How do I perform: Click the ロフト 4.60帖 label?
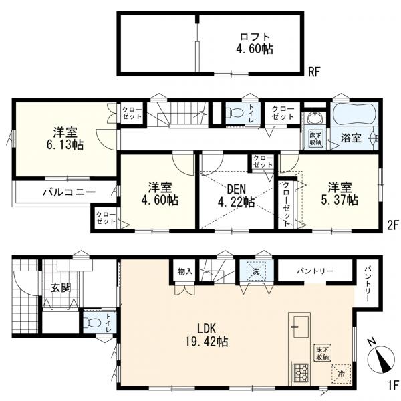[x=255, y=43]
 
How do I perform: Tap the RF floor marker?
[x=314, y=72]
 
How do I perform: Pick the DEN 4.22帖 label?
[x=236, y=196]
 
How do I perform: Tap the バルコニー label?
[x=69, y=192]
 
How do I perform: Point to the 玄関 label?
[x=61, y=288]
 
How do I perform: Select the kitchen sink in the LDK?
[x=301, y=327]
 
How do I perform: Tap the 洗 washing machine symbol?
[x=257, y=271]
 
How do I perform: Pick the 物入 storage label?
[x=185, y=271]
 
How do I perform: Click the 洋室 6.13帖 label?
[x=65, y=138]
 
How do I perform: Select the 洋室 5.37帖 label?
[x=340, y=194]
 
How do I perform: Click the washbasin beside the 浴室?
[x=315, y=118]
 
